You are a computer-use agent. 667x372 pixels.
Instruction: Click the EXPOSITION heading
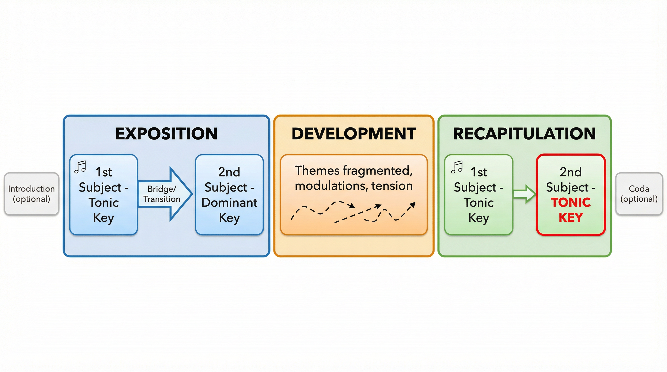(x=166, y=134)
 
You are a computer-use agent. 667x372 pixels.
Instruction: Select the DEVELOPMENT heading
(x=354, y=134)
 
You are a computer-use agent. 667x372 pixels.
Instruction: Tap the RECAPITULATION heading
(x=524, y=134)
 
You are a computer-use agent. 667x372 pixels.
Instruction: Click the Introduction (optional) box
(x=31, y=194)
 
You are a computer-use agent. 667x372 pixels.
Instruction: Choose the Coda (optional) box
(x=639, y=194)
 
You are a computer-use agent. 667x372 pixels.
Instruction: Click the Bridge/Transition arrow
(x=166, y=194)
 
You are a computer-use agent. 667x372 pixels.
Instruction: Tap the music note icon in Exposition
(x=80, y=167)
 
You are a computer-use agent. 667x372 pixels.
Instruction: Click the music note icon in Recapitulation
(x=457, y=167)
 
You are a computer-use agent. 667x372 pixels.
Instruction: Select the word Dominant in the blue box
(x=229, y=202)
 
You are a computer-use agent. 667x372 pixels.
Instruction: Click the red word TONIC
(x=571, y=202)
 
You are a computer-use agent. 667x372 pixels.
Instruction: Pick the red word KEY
(x=571, y=217)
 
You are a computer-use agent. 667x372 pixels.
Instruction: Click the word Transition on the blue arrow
(x=162, y=199)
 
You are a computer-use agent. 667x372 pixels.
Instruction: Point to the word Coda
(x=639, y=189)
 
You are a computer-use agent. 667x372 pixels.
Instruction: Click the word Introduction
(x=31, y=189)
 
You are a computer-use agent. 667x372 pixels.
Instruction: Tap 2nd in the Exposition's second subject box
(x=229, y=172)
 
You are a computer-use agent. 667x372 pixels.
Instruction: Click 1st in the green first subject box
(x=478, y=172)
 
